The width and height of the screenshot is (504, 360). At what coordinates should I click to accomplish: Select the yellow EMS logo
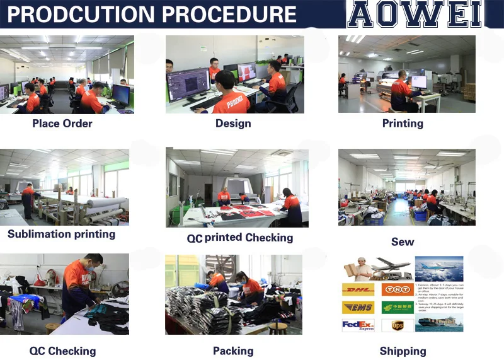tap(357, 308)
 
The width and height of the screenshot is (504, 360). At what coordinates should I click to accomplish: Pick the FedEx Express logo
tap(357, 325)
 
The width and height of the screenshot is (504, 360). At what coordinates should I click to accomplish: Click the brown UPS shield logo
tap(398, 325)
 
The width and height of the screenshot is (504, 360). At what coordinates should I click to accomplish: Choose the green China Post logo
tap(398, 308)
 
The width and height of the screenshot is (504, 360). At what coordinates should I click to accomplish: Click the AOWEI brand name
tap(415, 14)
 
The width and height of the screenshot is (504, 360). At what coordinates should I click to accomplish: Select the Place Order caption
tap(62, 124)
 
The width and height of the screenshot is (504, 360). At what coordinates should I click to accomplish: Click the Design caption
tap(233, 124)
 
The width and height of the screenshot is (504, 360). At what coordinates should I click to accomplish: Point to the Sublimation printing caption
tap(61, 234)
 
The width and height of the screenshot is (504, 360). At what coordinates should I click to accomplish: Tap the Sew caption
tap(403, 241)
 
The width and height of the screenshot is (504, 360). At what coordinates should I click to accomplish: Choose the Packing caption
tap(233, 351)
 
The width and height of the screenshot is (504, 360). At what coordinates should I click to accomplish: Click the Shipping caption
tap(403, 351)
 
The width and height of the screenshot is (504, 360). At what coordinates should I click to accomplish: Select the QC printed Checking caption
tap(240, 238)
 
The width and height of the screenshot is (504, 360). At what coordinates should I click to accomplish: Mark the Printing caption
tap(403, 124)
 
